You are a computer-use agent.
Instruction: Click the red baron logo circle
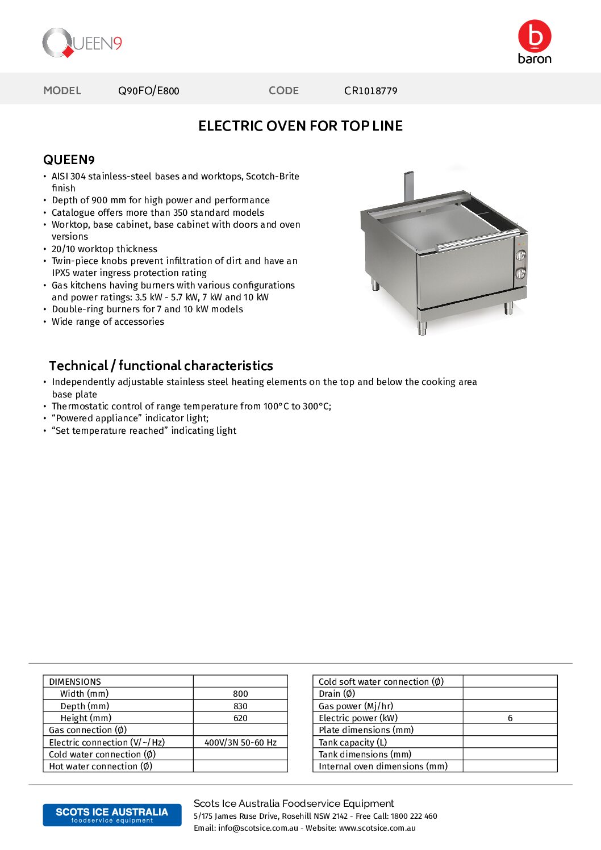[534, 36]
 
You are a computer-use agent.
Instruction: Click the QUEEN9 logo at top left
[82, 43]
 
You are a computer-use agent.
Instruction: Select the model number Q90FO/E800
[148, 91]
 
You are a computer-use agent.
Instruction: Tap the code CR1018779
[370, 91]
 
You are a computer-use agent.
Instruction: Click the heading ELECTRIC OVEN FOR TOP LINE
[300, 126]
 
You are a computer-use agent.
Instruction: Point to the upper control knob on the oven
[520, 256]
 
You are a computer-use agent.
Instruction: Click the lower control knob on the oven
[520, 274]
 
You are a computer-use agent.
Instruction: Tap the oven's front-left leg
[421, 328]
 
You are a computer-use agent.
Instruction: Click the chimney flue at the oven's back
[408, 186]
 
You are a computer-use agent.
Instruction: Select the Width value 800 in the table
[240, 694]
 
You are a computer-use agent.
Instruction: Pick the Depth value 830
[240, 706]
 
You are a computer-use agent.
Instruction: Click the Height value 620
[240, 718]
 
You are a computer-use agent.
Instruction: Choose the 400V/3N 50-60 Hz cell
[240, 743]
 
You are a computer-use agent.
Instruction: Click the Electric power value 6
[510, 718]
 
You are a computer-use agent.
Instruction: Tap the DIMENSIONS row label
[75, 682]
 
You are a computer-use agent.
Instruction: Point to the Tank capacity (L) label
[353, 743]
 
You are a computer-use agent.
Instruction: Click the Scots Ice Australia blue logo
[112, 815]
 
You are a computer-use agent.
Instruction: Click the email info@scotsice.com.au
[258, 828]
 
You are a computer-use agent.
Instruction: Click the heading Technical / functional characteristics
[161, 366]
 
